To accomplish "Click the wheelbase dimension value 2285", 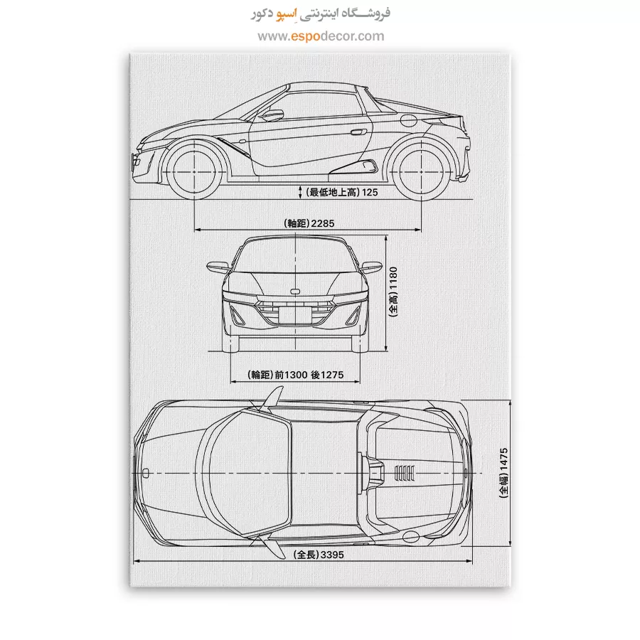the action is [x=322, y=223].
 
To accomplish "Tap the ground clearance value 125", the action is [x=370, y=192].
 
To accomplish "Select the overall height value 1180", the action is [x=393, y=278].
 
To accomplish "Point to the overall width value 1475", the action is [x=503, y=460].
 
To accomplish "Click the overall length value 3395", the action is [x=332, y=555].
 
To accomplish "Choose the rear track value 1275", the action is [x=332, y=375].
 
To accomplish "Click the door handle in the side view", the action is [x=358, y=132].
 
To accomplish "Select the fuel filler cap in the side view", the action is [x=408, y=120].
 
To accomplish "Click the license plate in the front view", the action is [x=295, y=315].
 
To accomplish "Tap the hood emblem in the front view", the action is [x=294, y=292].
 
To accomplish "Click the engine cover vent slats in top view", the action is [x=405, y=474].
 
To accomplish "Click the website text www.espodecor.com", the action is [x=321, y=36].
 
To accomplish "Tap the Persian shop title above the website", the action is [x=321, y=14].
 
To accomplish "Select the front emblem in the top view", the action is [x=146, y=474].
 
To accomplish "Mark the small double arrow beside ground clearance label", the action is [x=300, y=193].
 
